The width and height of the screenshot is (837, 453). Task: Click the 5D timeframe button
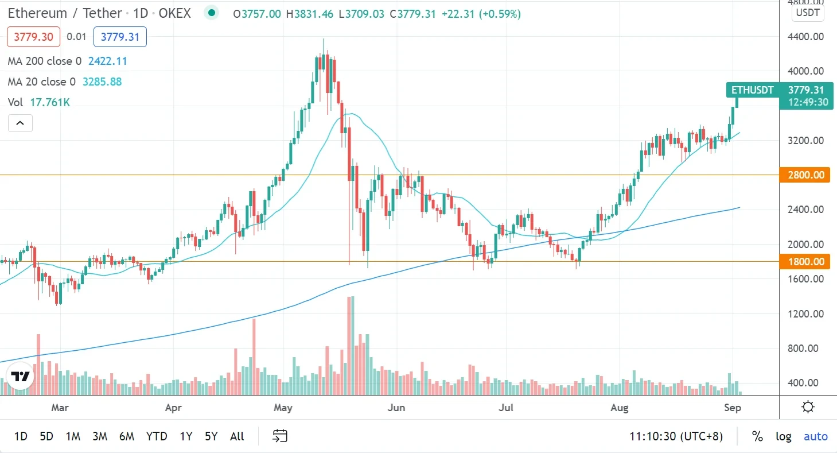tap(46, 436)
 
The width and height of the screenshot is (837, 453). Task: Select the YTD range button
tap(156, 436)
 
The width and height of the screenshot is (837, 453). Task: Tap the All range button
tap(237, 436)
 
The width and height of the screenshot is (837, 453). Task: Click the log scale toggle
tap(784, 436)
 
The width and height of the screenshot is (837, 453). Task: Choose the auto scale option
tap(815, 436)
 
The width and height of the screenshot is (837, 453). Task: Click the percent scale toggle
tap(757, 436)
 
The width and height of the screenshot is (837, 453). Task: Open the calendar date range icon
tap(279, 436)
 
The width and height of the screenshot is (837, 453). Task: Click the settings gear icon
tap(808, 408)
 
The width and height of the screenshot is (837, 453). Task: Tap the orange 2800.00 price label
tap(806, 175)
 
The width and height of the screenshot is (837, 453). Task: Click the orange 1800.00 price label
tap(806, 262)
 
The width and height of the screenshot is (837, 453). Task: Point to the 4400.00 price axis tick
tap(807, 37)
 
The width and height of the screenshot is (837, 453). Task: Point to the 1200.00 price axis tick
tap(807, 313)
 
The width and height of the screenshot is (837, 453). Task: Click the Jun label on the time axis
tap(396, 408)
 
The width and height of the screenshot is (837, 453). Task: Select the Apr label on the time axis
tap(173, 408)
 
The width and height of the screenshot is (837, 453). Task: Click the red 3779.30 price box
tap(33, 37)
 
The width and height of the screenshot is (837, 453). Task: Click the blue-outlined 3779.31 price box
tap(120, 37)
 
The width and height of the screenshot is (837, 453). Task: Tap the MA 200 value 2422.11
tap(107, 61)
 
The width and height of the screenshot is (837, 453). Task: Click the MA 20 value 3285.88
tap(102, 82)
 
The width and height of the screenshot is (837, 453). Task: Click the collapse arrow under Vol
tap(20, 123)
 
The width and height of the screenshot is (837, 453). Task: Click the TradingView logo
tap(20, 377)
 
